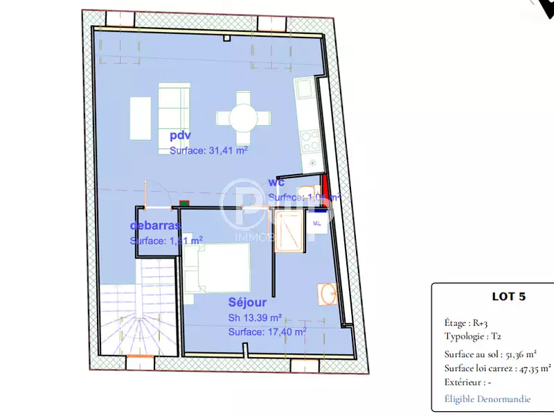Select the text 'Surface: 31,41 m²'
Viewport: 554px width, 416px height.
pyautogui.click(x=208, y=150)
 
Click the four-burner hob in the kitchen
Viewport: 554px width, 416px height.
pyautogui.click(x=310, y=140)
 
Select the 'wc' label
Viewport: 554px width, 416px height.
pyautogui.click(x=276, y=183)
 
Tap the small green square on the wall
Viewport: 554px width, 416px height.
pyautogui.click(x=184, y=204)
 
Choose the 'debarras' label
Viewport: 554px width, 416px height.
pyautogui.click(x=155, y=226)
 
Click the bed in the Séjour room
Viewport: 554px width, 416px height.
pyautogui.click(x=216, y=268)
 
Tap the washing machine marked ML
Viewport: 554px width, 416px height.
pyautogui.click(x=318, y=224)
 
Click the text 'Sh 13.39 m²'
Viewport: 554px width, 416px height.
pyautogui.click(x=255, y=318)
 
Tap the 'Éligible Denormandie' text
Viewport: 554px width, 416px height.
pyautogui.click(x=488, y=399)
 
